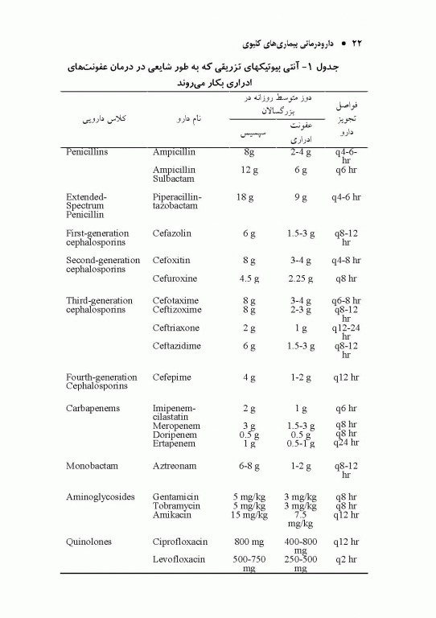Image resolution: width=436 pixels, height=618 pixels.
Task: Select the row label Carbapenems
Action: point(93,408)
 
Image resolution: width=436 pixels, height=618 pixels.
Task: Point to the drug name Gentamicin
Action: point(176,496)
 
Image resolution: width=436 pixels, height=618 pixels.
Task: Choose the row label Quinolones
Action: point(89,542)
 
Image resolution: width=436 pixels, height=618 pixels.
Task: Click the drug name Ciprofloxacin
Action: point(180,542)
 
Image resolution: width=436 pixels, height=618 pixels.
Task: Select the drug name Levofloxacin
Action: point(179,559)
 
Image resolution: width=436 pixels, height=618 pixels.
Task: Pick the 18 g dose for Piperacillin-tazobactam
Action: point(246,196)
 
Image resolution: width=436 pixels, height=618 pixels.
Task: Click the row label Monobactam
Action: point(92,466)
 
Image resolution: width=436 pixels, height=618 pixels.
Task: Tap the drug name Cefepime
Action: point(172,377)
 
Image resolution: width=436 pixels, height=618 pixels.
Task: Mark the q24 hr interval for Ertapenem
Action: point(346,443)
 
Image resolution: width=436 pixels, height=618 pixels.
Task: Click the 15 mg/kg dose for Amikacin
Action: point(249,515)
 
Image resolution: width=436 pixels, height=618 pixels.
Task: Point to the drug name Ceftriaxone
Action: point(176,328)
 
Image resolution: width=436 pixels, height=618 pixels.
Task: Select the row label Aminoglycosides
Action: point(100,496)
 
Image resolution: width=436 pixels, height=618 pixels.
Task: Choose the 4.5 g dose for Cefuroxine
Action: point(249,279)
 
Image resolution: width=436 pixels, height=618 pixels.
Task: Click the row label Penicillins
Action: point(87,150)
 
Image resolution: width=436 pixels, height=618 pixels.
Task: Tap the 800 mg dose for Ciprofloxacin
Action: point(249,542)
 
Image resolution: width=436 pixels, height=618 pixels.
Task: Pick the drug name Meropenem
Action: point(175,425)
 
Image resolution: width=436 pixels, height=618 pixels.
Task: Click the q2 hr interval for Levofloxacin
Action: point(346,559)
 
